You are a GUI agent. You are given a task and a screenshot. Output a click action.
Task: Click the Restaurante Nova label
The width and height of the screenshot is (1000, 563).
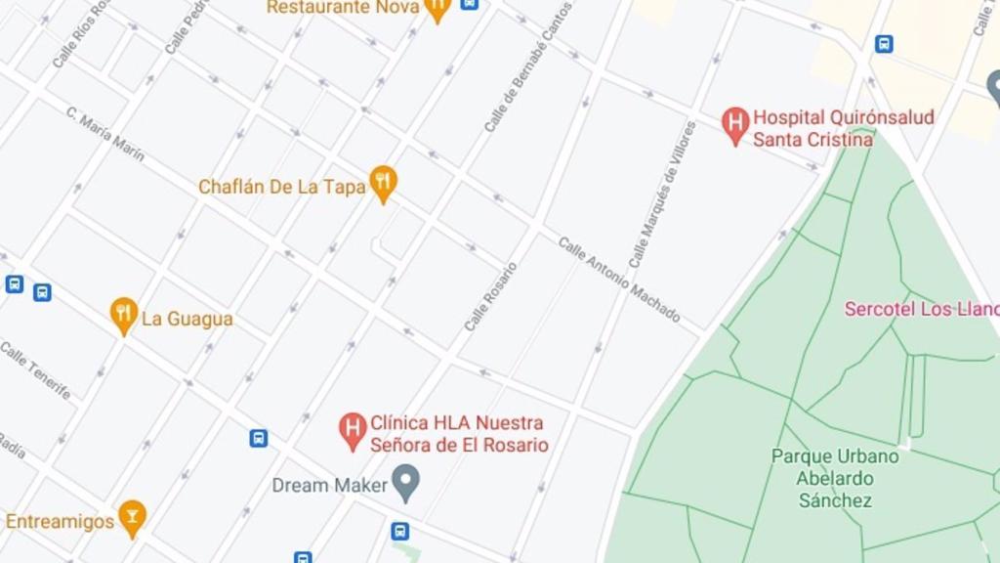tap(343, 8)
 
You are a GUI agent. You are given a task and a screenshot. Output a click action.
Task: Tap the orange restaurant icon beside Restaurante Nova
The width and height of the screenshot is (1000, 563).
tap(437, 9)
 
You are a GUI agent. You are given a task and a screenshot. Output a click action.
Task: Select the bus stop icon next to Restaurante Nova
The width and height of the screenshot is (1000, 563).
tap(470, 4)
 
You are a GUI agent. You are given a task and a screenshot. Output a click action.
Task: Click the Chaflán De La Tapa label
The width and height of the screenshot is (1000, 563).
tap(281, 187)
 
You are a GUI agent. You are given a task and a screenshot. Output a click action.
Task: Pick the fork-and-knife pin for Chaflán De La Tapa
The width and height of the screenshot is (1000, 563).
tap(383, 183)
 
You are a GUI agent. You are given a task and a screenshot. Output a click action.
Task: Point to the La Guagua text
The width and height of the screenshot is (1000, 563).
tap(187, 319)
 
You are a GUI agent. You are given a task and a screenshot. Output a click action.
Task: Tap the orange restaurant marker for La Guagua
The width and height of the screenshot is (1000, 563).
tap(123, 315)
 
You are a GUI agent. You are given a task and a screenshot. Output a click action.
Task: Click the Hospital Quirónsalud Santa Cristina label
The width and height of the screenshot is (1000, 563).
tap(843, 128)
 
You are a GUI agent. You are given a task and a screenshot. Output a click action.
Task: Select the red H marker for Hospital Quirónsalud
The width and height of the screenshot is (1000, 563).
tap(734, 125)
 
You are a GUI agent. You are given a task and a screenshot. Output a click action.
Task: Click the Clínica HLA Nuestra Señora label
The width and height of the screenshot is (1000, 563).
tap(458, 434)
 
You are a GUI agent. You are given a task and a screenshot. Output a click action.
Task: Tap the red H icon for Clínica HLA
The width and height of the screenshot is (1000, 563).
tap(353, 430)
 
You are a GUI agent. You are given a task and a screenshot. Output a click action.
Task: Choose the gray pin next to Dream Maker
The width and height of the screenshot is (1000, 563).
tap(405, 482)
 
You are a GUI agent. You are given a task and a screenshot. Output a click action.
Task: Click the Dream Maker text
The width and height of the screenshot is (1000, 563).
tap(330, 485)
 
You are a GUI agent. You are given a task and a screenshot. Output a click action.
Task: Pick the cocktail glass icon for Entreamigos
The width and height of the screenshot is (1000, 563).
tap(132, 518)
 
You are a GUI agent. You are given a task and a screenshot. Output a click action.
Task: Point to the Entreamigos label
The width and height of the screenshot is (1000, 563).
tap(61, 522)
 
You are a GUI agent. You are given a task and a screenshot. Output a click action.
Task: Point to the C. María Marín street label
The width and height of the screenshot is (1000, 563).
tap(105, 133)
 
